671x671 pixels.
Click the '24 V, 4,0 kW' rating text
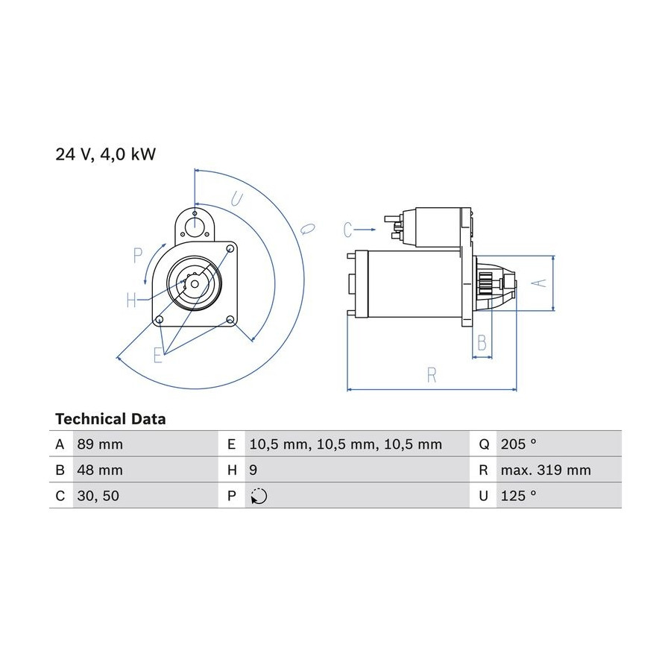click(x=105, y=154)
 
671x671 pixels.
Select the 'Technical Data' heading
click(x=110, y=419)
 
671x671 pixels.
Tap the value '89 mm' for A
click(x=100, y=444)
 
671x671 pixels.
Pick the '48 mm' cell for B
click(x=100, y=470)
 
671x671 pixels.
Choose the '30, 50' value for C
click(x=98, y=496)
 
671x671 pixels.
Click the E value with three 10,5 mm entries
click(x=346, y=444)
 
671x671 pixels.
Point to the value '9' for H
click(x=253, y=470)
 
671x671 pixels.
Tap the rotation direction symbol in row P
click(x=259, y=496)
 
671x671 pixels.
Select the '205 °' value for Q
click(x=519, y=444)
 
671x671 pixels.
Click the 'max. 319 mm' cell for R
click(x=546, y=470)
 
